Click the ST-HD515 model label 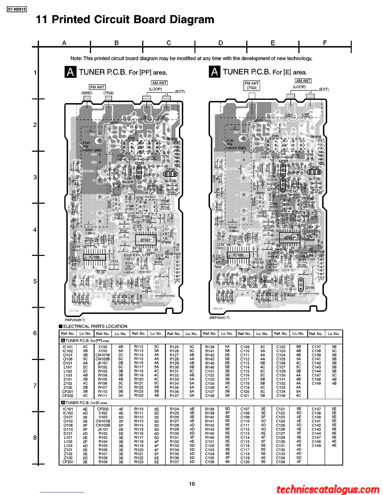click(x=17, y=9)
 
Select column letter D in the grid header click(x=221, y=43)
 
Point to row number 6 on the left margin click(x=35, y=333)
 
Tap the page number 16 click(x=192, y=484)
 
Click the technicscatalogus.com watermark click(x=328, y=489)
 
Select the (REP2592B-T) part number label click(x=75, y=320)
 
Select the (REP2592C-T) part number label click(x=219, y=318)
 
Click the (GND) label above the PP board click(x=87, y=93)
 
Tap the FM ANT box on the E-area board click(x=252, y=85)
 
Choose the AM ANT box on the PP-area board click(x=159, y=83)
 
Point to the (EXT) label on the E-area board click(x=324, y=89)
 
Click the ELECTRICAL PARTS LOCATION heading click(x=95, y=326)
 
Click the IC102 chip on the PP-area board click(x=94, y=257)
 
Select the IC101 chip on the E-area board click(x=289, y=238)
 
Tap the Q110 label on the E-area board click(x=310, y=288)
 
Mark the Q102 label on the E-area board click(x=272, y=189)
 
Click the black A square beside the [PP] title click(x=70, y=72)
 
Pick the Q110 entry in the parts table click(x=68, y=429)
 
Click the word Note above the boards click(x=76, y=58)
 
